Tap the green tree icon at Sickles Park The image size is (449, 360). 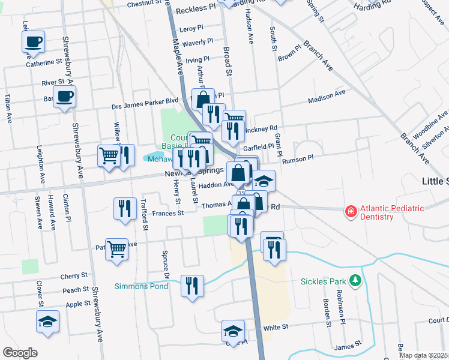pyautogui.click(x=355, y=280)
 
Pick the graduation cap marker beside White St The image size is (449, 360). pyautogui.click(x=234, y=331)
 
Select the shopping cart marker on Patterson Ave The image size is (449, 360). pyautogui.click(x=117, y=248)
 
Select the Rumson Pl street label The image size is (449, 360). pyautogui.click(x=302, y=158)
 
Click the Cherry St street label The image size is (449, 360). pyautogui.click(x=74, y=277)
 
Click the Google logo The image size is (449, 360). pyautogui.click(x=20, y=353)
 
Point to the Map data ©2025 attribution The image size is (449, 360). pyautogui.click(x=423, y=355)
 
